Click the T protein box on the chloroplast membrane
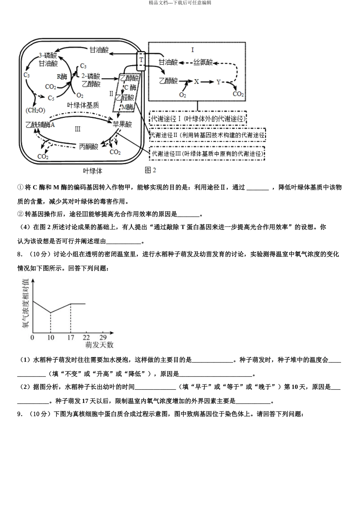(x=141, y=61)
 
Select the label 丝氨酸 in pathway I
(x=203, y=62)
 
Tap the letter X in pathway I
(x=196, y=81)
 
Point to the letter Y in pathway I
(x=219, y=82)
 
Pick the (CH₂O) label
(x=35, y=111)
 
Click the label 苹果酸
(x=122, y=124)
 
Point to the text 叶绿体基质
(x=83, y=105)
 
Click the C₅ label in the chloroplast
(x=51, y=98)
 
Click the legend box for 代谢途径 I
(x=198, y=119)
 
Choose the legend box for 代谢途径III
(x=207, y=154)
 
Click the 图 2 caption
(x=150, y=170)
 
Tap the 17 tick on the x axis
(x=70, y=337)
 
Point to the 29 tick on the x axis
(x=103, y=337)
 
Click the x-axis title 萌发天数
(x=99, y=345)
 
